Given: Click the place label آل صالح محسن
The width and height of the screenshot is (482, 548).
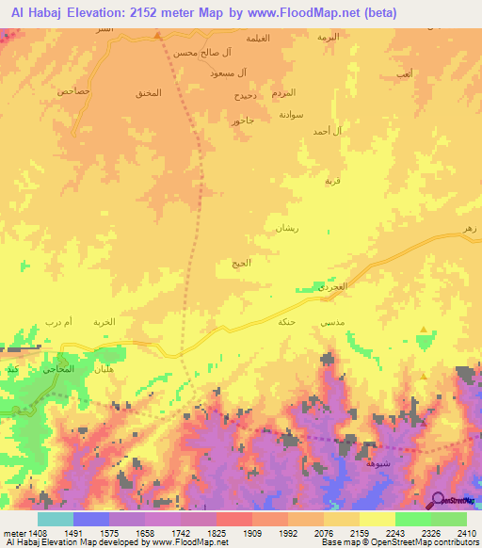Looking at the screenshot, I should point(199,53).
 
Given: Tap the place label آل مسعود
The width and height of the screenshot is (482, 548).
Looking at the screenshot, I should point(229,73).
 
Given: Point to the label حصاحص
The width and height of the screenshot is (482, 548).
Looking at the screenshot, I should point(72,91).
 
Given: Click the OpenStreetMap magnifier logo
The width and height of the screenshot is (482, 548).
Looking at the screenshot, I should point(439,500).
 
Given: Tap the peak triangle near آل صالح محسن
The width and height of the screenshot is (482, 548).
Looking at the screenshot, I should point(158,35).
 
